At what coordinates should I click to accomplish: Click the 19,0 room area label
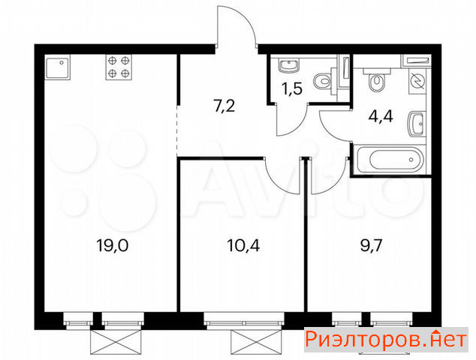(x=113, y=245)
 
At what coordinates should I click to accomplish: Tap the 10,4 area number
(x=243, y=245)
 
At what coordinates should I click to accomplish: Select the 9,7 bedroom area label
(x=371, y=245)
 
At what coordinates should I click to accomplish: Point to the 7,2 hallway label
(x=224, y=106)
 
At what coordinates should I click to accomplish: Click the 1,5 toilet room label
(x=292, y=88)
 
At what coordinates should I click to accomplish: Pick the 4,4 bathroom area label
(x=381, y=115)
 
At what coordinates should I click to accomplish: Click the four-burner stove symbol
(x=119, y=67)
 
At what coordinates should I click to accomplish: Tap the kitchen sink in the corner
(x=57, y=67)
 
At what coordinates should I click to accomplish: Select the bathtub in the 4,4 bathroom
(x=390, y=160)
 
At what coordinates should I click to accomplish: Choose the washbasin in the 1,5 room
(x=289, y=65)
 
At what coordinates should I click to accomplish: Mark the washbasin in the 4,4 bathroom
(x=417, y=124)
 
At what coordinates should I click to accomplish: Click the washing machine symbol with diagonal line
(x=417, y=81)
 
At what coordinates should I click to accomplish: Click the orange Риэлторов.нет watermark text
(x=386, y=340)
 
